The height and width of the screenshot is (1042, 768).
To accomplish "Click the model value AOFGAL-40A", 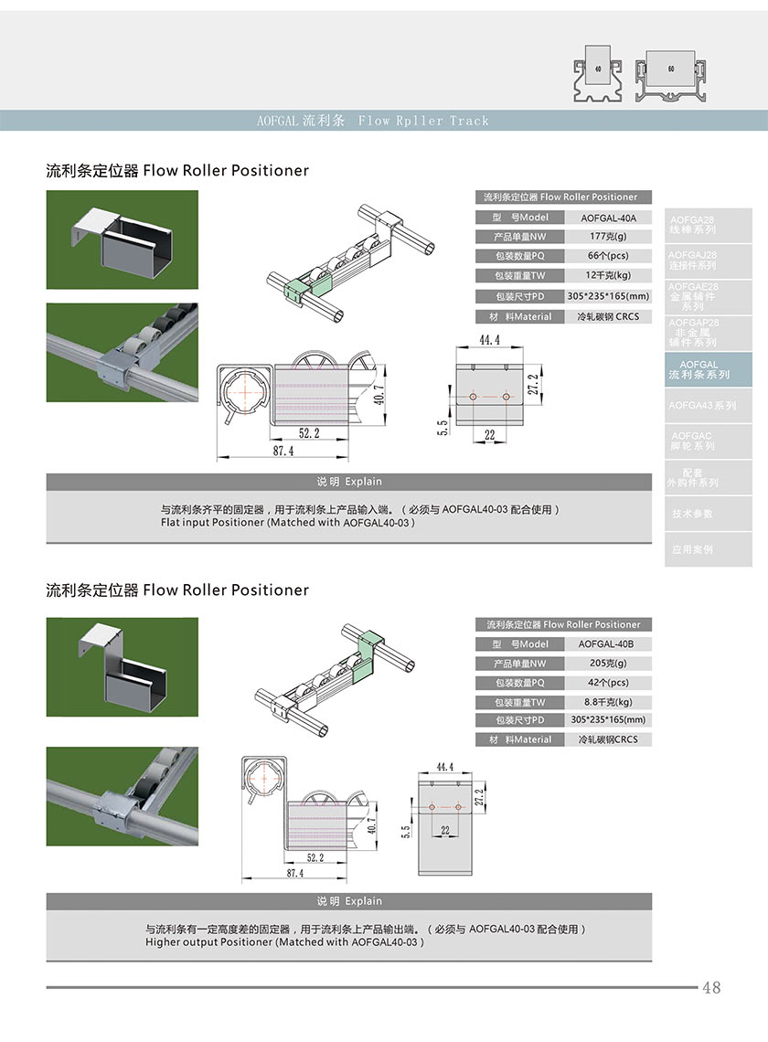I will (609, 218).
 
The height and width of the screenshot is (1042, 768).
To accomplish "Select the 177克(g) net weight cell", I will (609, 237).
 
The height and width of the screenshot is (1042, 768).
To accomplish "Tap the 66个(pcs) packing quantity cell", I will (609, 256).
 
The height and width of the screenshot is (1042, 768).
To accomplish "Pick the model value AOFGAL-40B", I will (608, 643).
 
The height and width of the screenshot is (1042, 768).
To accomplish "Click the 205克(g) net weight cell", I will (608, 664).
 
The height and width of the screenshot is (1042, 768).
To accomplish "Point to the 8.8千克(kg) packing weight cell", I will (608, 702).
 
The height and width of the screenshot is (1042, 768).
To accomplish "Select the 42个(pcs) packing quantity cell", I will (608, 683).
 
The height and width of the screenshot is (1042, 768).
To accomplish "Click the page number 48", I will (711, 988).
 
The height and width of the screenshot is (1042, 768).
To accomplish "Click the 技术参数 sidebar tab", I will (693, 514).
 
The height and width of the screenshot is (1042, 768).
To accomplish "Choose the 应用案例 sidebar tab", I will (693, 549).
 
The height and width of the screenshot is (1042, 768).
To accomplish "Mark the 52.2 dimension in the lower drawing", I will (315, 857).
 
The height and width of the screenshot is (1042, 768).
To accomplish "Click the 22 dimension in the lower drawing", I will (445, 830).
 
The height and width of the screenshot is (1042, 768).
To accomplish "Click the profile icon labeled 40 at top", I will (596, 69).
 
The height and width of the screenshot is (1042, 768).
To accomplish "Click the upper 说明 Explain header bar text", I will (349, 482).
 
